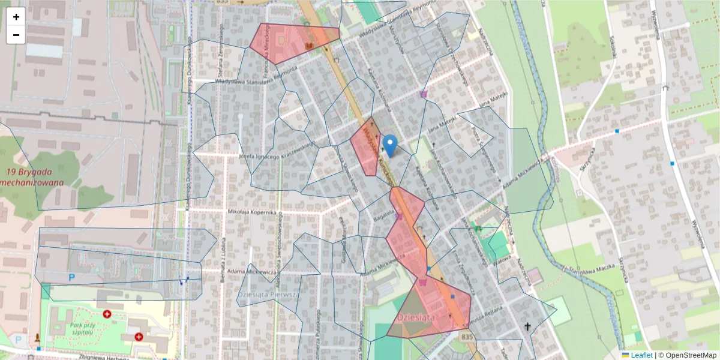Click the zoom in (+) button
16,17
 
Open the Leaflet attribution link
641,355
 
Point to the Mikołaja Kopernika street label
252,212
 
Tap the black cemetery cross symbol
528,327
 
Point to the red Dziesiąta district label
416,317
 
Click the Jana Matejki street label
494,98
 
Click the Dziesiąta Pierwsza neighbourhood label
268,295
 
